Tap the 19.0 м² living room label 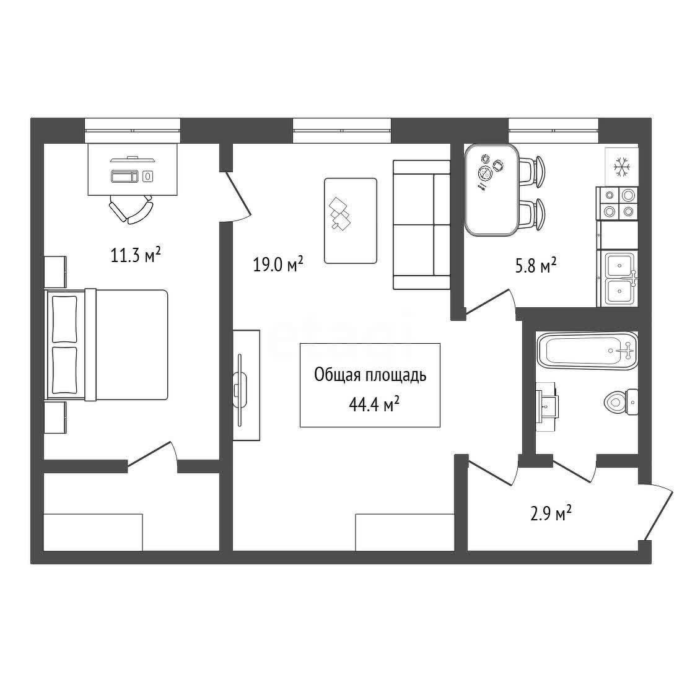(x=278, y=264)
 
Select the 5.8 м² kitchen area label (x=536, y=265)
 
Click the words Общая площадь (x=370, y=375)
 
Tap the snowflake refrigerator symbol (x=621, y=167)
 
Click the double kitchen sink (x=620, y=278)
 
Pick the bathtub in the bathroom (x=588, y=351)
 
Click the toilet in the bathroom (x=621, y=402)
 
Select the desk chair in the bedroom (x=131, y=208)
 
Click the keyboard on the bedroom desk (x=125, y=176)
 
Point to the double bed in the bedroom (x=107, y=344)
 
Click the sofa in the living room (x=421, y=224)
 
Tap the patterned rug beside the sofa (x=351, y=221)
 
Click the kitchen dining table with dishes (x=492, y=190)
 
